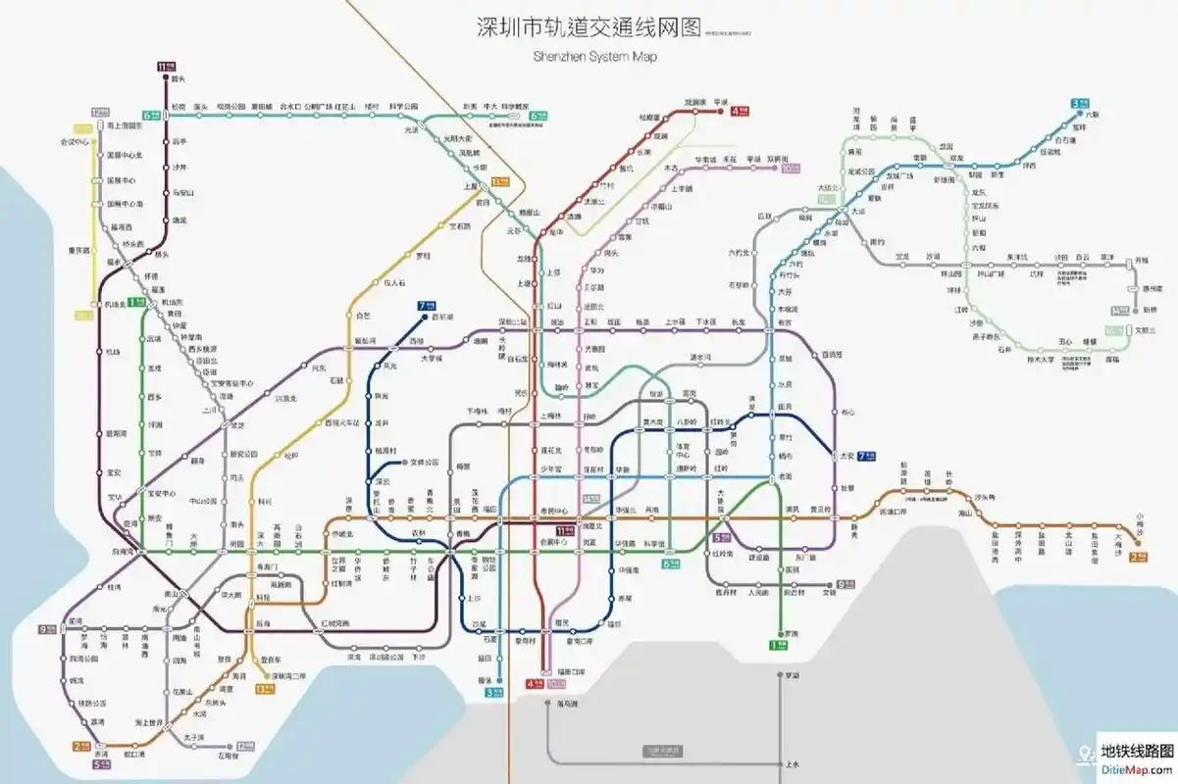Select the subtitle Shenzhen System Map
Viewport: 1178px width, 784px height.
[x=594, y=57]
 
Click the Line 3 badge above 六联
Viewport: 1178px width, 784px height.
[x=1080, y=102]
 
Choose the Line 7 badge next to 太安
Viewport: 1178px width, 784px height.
[x=866, y=456]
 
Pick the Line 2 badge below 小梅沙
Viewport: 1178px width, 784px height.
[x=1139, y=557]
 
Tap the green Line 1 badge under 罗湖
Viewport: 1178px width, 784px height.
[x=778, y=644]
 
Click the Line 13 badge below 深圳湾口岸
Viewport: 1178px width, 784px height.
[x=263, y=689]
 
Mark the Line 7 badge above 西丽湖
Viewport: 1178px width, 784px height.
[x=425, y=306]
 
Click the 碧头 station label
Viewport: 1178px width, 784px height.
[x=178, y=77]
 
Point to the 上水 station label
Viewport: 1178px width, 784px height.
[x=793, y=764]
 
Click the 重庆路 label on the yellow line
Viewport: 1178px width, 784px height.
[x=79, y=250]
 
